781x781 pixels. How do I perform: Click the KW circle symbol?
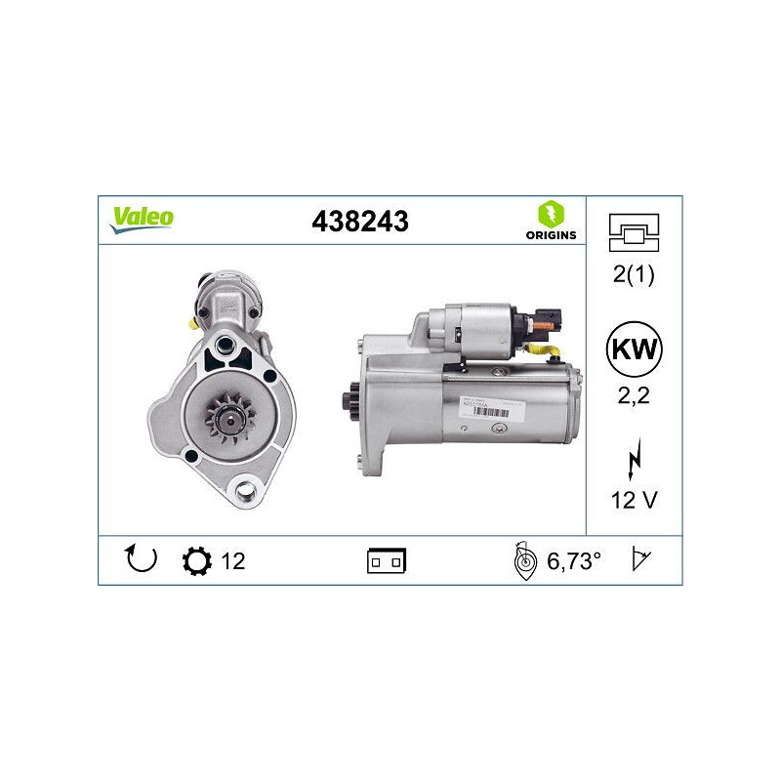point(631,349)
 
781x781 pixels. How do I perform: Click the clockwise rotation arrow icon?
point(142,559)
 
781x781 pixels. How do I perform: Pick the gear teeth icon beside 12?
point(196,560)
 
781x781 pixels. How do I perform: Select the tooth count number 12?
point(233,560)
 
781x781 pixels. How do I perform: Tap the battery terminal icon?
point(386,561)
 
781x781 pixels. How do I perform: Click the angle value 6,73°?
point(573,560)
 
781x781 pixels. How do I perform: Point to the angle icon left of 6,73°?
point(525,561)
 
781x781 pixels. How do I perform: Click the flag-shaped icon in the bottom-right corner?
point(641,560)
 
